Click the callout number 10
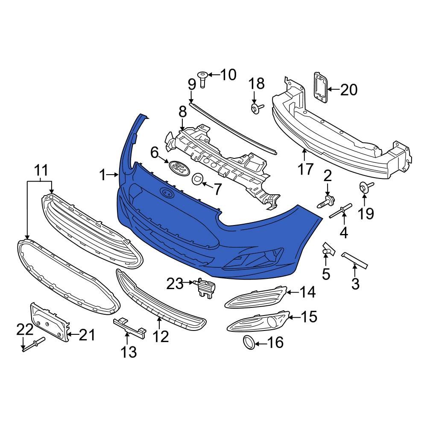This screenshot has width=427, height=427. click(x=228, y=75)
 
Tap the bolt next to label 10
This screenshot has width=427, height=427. click(x=202, y=79)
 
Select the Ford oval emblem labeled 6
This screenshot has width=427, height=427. click(x=178, y=168)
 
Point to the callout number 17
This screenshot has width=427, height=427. click(x=305, y=170)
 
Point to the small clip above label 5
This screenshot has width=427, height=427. click(x=328, y=249)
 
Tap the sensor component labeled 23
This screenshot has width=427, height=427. click(x=204, y=287)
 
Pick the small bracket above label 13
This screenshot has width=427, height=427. click(x=129, y=327)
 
